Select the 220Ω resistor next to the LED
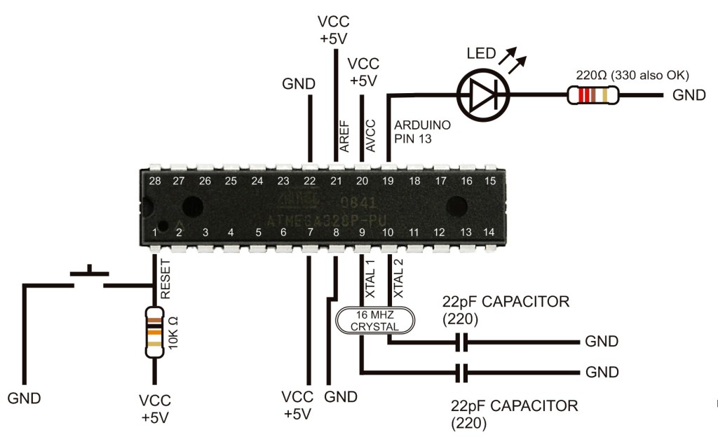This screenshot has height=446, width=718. point(593,95)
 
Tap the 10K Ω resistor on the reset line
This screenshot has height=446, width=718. point(154,333)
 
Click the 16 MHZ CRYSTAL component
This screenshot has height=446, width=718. point(375,321)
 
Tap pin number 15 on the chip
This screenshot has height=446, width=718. point(490,181)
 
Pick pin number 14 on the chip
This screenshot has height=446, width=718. point(489,232)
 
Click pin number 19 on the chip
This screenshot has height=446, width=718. point(388,181)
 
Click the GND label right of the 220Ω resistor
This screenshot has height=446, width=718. point(689,96)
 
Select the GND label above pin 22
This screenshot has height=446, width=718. point(299,84)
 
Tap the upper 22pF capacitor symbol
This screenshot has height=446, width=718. point(461,342)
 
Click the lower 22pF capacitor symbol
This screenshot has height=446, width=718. point(461,372)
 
